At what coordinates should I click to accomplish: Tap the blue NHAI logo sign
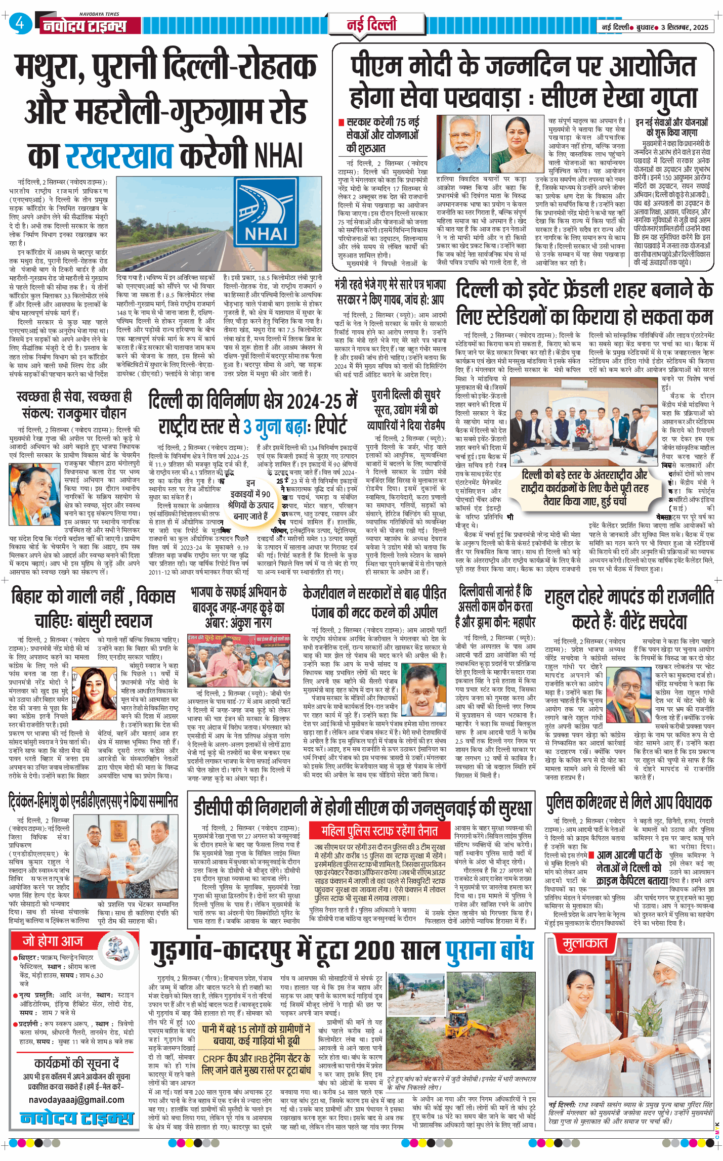pyautogui.click(x=266, y=212)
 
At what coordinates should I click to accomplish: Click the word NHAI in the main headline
pyautogui.click(x=278, y=155)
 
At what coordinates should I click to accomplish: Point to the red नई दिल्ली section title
pyautogui.click(x=371, y=25)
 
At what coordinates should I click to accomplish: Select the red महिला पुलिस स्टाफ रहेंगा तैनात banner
pyautogui.click(x=379, y=831)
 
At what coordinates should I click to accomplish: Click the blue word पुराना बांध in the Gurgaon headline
pyautogui.click(x=489, y=951)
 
